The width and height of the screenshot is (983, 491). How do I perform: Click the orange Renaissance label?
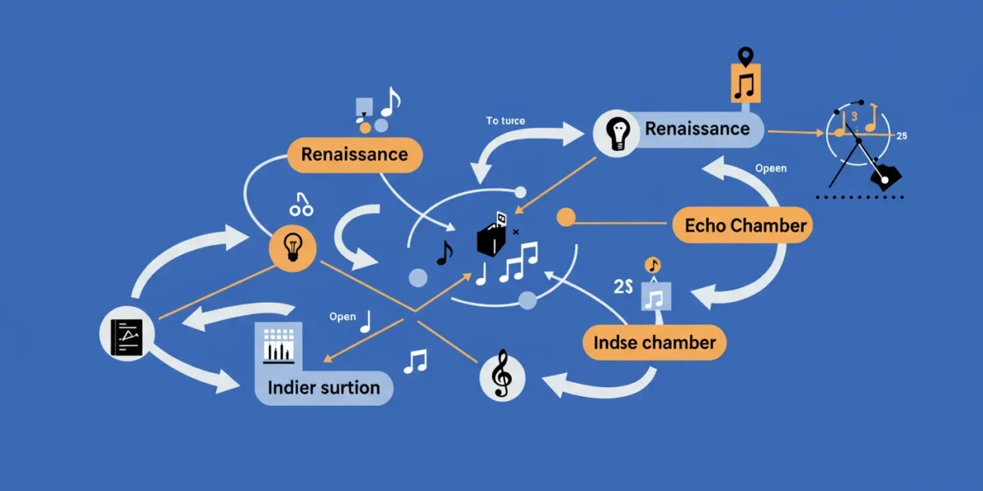coord(355,155)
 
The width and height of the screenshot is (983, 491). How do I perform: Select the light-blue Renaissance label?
coord(697,129)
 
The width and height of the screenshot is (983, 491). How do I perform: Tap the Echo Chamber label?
coord(742,225)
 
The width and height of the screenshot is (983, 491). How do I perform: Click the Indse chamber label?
coord(655,342)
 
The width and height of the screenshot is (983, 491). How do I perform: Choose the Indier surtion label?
coord(324,388)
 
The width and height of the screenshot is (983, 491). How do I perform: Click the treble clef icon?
coord(502,376)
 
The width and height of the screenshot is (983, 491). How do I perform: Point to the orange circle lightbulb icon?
coord(292,249)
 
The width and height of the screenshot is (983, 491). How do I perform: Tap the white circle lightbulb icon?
coord(617,133)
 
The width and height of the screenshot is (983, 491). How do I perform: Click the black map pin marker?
coord(745,57)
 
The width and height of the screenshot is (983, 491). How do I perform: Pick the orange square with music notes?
coord(745,83)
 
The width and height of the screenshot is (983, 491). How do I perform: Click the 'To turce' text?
coord(505,120)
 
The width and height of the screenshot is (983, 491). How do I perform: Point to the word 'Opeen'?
coord(771,169)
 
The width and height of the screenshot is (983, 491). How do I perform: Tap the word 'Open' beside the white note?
coord(342,317)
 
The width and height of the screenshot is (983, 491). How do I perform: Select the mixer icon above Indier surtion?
coord(279,346)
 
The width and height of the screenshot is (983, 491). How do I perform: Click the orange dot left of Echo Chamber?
coord(566,218)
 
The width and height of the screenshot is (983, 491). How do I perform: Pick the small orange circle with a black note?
coord(653,265)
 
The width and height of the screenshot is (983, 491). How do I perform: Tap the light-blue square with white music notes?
coord(656,296)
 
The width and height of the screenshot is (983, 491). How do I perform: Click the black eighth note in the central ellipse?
coord(445,253)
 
